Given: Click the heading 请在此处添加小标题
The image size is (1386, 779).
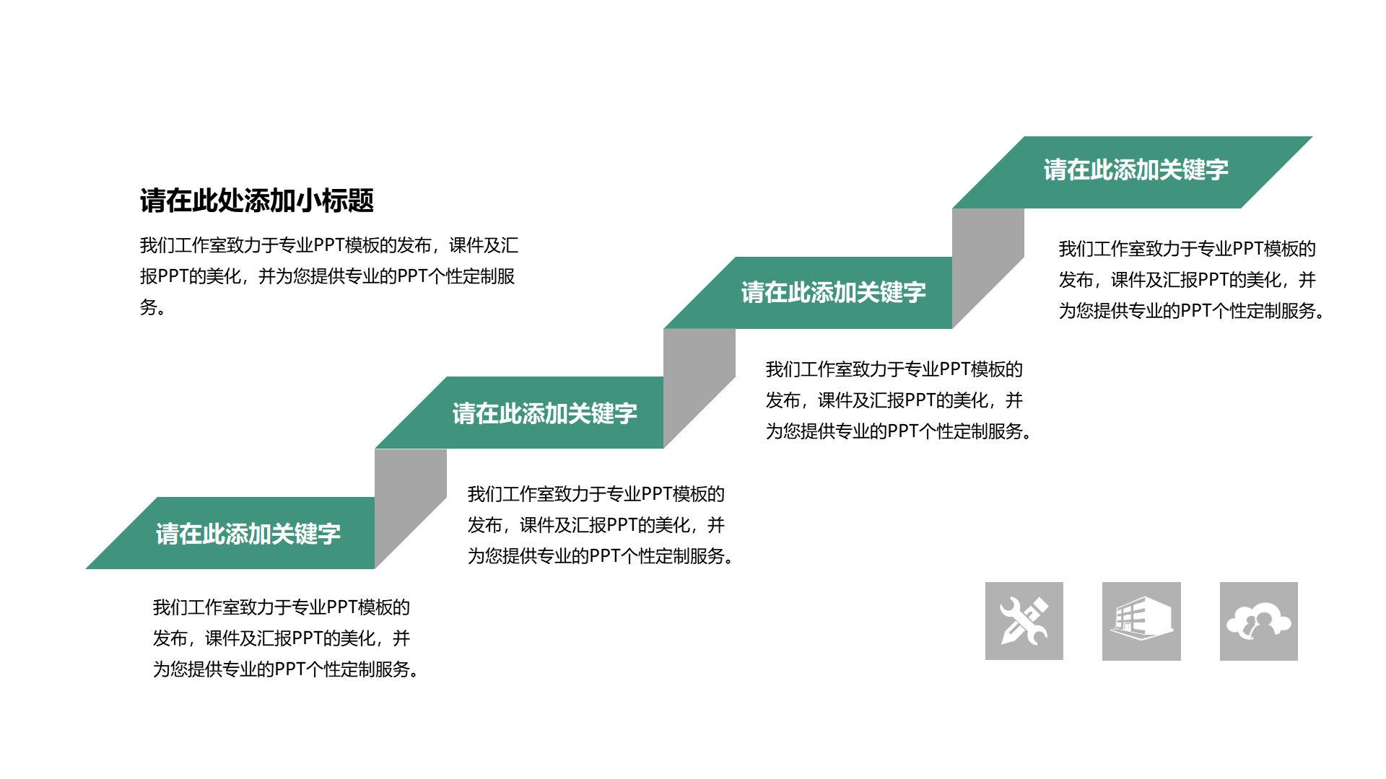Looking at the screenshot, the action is coord(256,201).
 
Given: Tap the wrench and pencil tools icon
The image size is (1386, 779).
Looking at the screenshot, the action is coord(1024,621).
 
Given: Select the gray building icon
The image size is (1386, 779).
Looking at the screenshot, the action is coord(1141,621).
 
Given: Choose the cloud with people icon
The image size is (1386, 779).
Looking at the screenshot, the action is coord(1259,621).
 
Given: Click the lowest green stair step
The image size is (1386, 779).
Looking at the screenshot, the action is coord(230,533).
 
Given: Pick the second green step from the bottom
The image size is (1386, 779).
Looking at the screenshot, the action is coord(519,413).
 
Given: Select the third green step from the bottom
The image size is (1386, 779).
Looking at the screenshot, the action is coord(808,293).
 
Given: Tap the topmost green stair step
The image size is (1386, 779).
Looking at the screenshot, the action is coord(1132,172).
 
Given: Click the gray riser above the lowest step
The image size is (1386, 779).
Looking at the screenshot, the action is coord(411,498).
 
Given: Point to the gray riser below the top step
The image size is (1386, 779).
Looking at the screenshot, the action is coord(988,258).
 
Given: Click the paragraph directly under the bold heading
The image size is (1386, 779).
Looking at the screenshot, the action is coord(329,276).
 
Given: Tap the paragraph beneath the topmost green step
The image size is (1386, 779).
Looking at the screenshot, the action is coord(1192,280).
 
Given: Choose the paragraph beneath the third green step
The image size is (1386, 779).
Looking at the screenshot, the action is coord(899,400).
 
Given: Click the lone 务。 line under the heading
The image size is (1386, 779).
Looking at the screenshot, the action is coord(153,307).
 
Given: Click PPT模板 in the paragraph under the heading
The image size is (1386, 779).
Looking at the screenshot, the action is coord(346,245).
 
